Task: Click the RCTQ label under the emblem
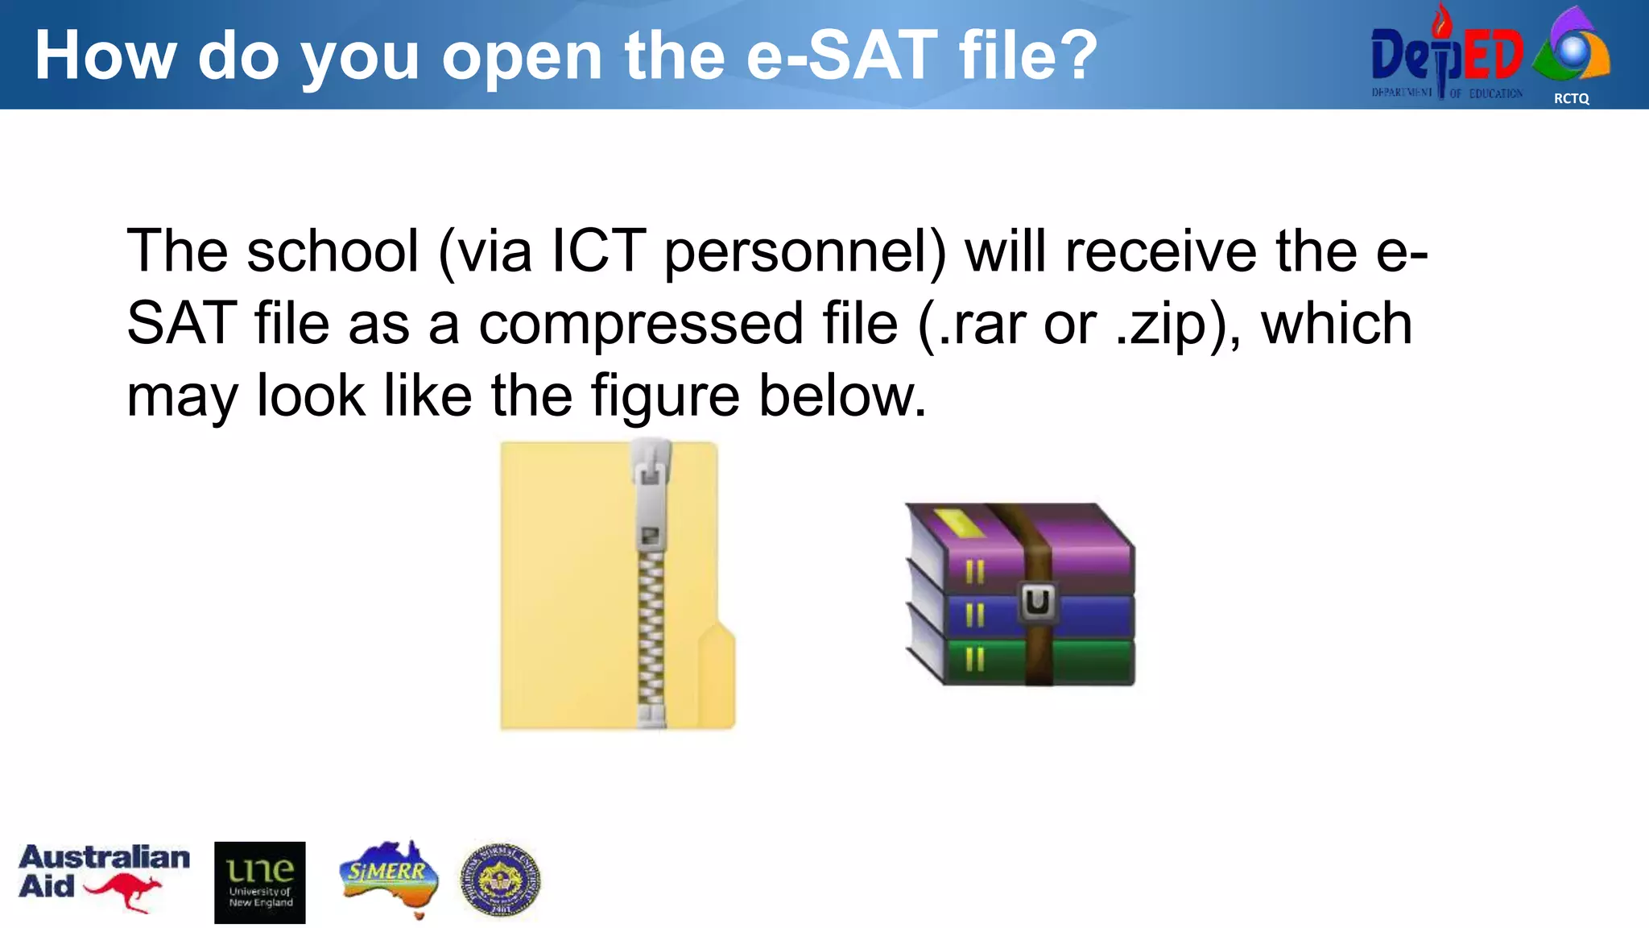[x=1571, y=98]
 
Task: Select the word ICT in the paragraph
[x=598, y=251]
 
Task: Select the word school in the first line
[x=333, y=251]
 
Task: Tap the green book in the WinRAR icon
[x=1079, y=662]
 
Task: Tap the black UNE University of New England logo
[x=259, y=882]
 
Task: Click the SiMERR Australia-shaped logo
[x=389, y=878]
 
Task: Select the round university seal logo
[x=500, y=880]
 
